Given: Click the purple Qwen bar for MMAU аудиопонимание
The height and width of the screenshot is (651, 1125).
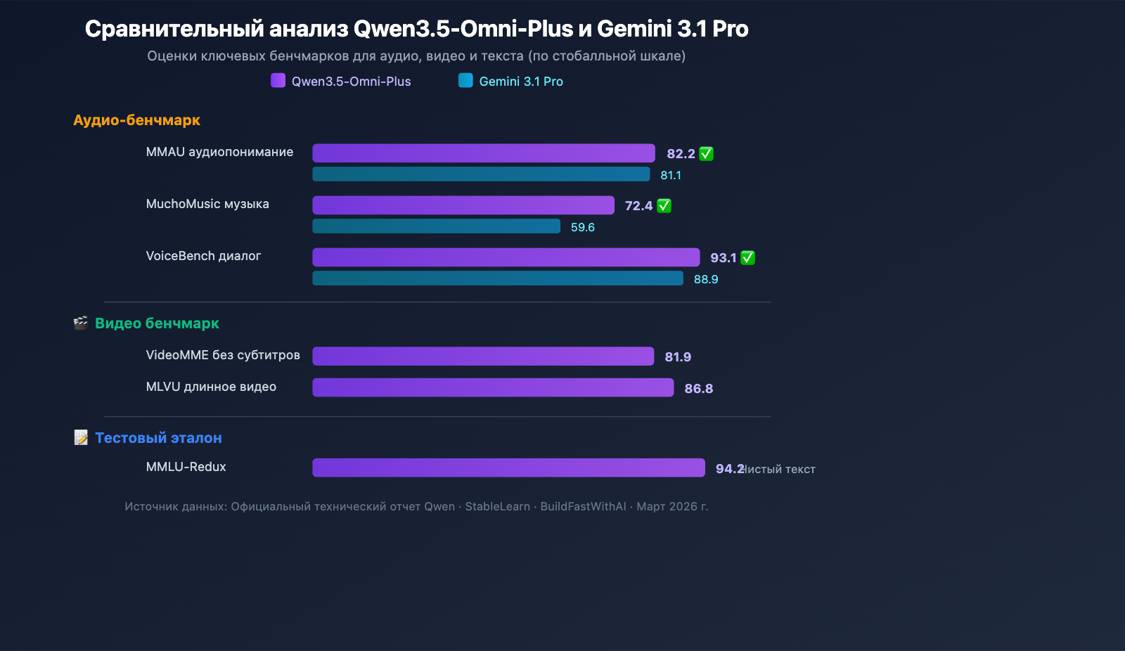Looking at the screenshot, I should (x=483, y=153).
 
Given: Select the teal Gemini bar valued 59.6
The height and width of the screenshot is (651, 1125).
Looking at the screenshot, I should (x=436, y=226).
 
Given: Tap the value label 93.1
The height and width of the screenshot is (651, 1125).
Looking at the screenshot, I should (x=723, y=258).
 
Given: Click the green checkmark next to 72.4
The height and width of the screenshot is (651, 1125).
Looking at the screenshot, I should (x=664, y=206).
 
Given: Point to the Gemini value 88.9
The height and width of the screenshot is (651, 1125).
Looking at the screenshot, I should (x=705, y=279).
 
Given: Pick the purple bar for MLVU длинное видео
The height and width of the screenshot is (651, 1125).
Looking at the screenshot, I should (x=492, y=387).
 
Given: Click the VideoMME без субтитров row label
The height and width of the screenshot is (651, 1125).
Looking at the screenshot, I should (x=223, y=355).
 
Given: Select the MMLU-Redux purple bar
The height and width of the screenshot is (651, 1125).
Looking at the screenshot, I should (x=508, y=468).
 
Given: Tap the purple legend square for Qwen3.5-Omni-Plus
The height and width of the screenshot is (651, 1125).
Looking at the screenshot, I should (x=278, y=80).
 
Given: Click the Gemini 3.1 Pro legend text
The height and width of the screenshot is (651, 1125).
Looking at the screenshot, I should (x=520, y=82).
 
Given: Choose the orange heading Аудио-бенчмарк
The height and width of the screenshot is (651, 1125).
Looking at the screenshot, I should (x=136, y=120).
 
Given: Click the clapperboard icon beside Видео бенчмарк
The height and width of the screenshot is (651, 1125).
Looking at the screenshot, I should (x=81, y=323).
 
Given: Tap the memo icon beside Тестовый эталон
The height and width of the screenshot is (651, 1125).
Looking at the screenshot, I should (x=81, y=438).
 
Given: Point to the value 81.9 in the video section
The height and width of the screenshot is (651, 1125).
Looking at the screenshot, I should (x=677, y=357).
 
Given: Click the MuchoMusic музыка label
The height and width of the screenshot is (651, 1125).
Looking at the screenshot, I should (x=207, y=204).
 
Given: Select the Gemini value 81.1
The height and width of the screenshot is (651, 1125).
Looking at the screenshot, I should (x=670, y=175).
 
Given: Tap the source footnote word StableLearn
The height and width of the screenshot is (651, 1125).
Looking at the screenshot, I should (x=497, y=507).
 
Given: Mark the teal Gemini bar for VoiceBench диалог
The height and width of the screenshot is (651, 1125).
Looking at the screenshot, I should (x=497, y=278).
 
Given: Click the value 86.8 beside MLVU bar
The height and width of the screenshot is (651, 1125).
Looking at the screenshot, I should (x=698, y=389).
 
